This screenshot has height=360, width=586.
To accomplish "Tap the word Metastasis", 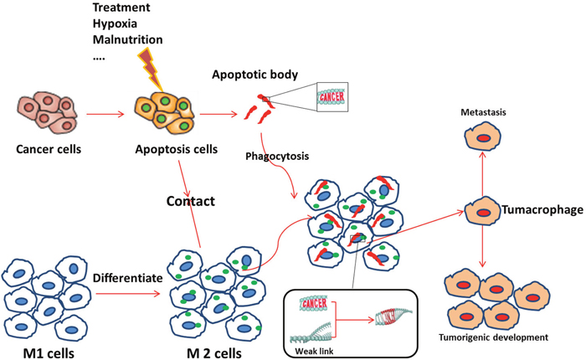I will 484,111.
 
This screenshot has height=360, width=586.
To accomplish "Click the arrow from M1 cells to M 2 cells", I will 123,294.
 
